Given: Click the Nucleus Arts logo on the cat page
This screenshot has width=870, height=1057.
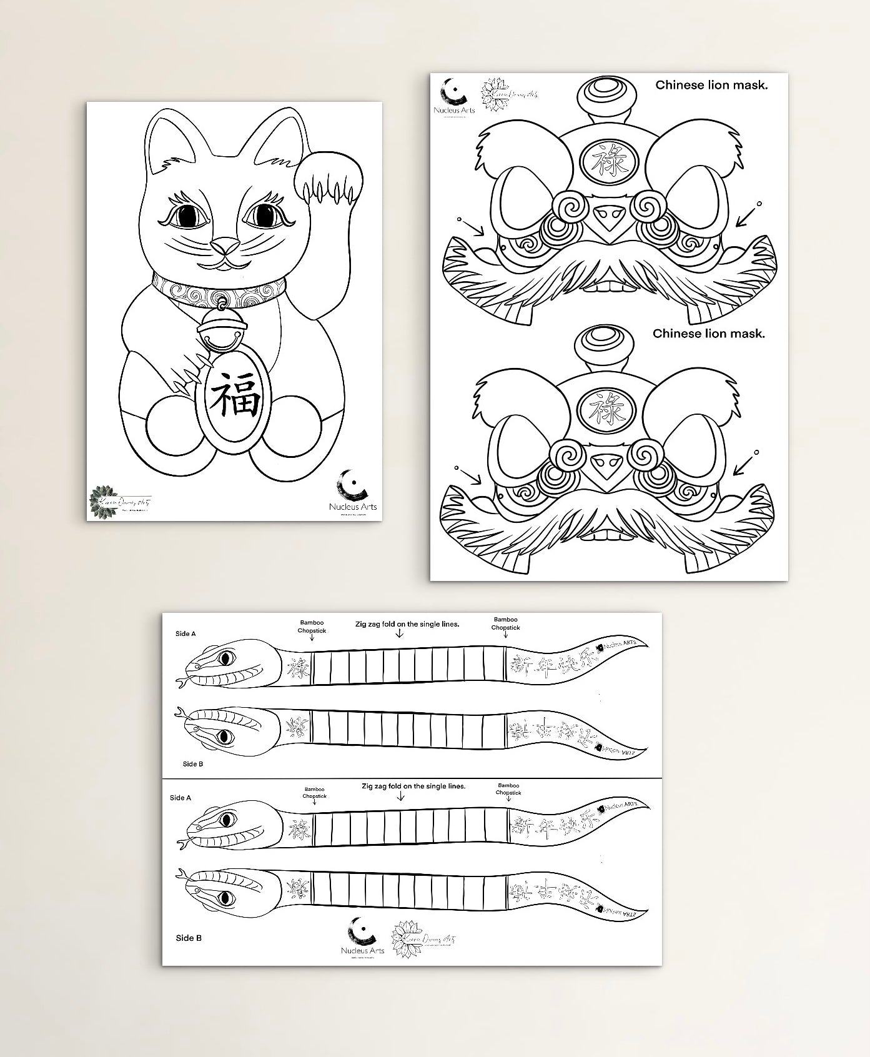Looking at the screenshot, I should (353, 491).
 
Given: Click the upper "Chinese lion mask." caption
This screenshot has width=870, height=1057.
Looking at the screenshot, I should (711, 85).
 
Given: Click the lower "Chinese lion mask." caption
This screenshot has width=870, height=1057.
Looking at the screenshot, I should (708, 334).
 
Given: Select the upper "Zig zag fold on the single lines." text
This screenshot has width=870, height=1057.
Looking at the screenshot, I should (407, 623).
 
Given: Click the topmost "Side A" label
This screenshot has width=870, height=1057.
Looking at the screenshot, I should (185, 633).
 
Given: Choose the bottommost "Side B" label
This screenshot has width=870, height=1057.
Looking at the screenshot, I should (189, 938).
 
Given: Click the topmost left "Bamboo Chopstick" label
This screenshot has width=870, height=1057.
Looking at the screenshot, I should (312, 627).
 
